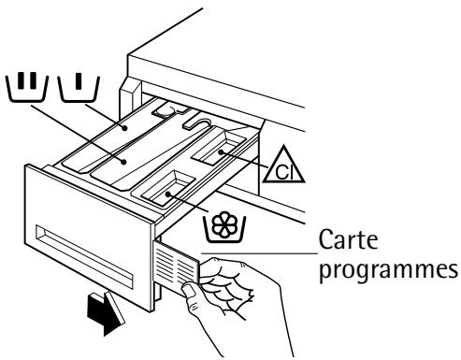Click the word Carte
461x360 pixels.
click(348, 239)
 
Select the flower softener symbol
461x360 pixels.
click(224, 227)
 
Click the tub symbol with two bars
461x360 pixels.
click(27, 88)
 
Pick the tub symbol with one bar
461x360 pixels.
click(79, 89)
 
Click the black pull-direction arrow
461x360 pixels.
click(105, 314)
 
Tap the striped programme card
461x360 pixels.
click(176, 264)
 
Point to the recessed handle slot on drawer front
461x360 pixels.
click(84, 256)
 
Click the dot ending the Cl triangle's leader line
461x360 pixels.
click(221, 152)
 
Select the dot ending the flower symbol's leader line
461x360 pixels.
click(168, 194)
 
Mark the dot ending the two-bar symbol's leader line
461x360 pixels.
click(124, 162)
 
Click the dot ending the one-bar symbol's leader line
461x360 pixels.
click(125, 127)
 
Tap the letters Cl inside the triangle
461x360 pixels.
click(284, 172)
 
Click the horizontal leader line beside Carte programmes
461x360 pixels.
click(259, 253)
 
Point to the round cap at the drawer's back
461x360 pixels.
click(168, 110)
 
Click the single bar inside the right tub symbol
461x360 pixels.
click(79, 80)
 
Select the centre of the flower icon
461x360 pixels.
click(224, 224)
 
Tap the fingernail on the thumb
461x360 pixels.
click(190, 290)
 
